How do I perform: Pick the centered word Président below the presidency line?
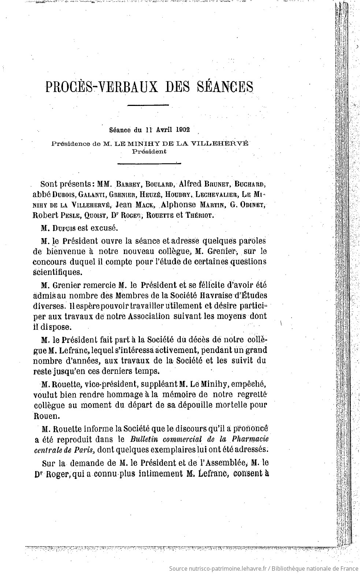(x=149, y=151)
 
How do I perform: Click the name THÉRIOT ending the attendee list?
(x=198, y=216)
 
